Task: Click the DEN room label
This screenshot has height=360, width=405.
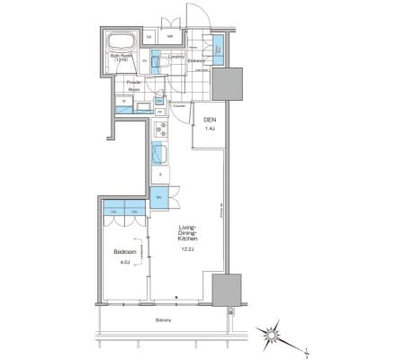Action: point(209,120)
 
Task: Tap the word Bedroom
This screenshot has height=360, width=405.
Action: point(124,251)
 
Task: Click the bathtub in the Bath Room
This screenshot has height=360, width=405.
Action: point(121,43)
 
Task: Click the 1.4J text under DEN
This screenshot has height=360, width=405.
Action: point(209,130)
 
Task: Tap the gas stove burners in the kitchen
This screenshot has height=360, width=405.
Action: point(157,128)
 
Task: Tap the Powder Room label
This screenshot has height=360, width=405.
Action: point(134,86)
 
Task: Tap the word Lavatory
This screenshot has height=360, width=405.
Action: point(176,57)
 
